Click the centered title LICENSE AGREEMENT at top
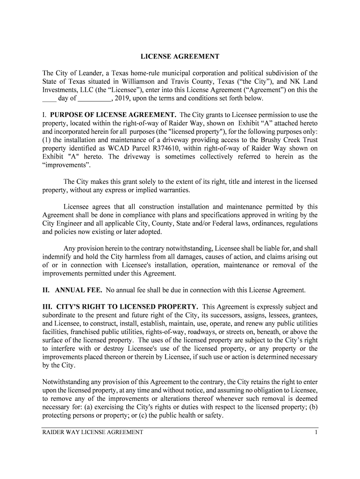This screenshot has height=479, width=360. [180, 57]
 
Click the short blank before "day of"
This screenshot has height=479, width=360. [49, 99]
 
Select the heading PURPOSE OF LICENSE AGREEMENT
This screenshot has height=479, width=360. [113, 115]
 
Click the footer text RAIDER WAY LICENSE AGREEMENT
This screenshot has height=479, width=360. [93, 433]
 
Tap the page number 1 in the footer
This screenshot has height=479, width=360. [316, 433]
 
